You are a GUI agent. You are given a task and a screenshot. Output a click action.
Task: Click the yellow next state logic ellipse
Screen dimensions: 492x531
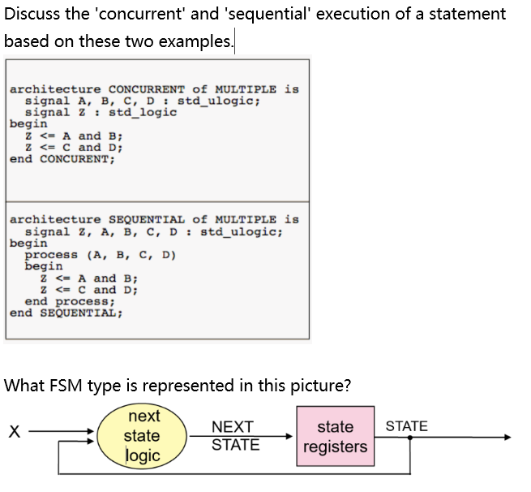point(143,436)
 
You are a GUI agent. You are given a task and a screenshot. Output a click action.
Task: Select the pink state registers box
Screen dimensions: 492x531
point(335,436)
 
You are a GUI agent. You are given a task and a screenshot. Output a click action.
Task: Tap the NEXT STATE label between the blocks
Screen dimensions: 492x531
point(235,436)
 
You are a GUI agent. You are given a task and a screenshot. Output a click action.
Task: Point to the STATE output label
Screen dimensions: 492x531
point(406,426)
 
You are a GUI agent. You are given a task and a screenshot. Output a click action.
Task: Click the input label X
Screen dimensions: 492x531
point(14,432)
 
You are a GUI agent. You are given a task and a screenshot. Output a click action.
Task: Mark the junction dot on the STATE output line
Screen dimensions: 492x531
point(409,438)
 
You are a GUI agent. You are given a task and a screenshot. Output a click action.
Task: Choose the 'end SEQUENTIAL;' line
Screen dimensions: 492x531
point(66,313)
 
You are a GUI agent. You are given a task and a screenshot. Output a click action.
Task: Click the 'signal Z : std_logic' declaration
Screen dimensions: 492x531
point(101,113)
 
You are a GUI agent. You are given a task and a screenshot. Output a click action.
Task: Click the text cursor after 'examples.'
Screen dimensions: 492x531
point(234,41)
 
